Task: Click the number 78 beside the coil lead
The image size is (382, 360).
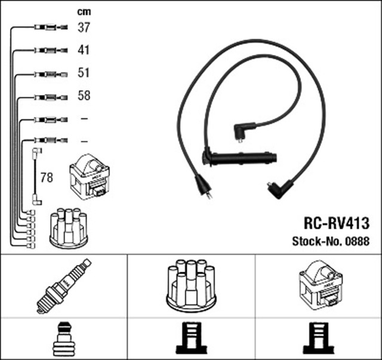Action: [x=47, y=177]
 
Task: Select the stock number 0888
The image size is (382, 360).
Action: [x=358, y=242]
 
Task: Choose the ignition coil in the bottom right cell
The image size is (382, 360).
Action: [x=319, y=285]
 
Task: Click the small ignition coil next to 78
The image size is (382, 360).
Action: [x=89, y=177]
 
